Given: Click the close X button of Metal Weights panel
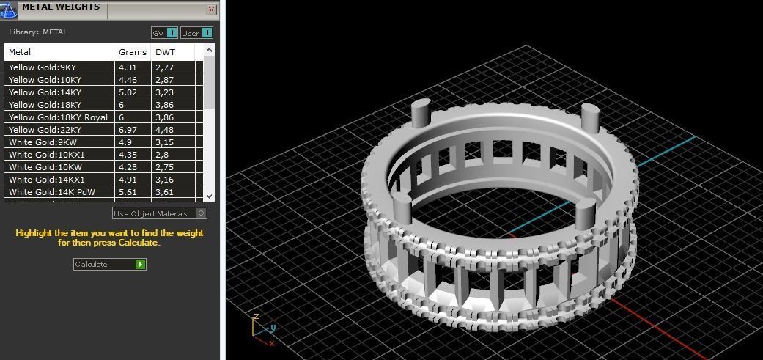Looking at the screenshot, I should click(211, 10).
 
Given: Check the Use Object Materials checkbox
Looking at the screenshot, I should click(202, 213).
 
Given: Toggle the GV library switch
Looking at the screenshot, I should click(172, 33).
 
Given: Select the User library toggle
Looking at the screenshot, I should click(207, 33).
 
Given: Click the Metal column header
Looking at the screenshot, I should click(20, 52).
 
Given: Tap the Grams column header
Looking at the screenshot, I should click(132, 52).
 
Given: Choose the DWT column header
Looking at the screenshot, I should click(164, 52).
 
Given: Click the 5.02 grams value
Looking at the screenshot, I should click(128, 92).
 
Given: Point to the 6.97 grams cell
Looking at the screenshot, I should click(128, 130).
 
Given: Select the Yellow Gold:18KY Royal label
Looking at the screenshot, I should click(58, 117).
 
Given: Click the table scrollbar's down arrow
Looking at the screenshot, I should click(209, 196).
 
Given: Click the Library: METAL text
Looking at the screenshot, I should click(38, 32).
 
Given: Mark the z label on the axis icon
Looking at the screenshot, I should click(256, 316).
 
